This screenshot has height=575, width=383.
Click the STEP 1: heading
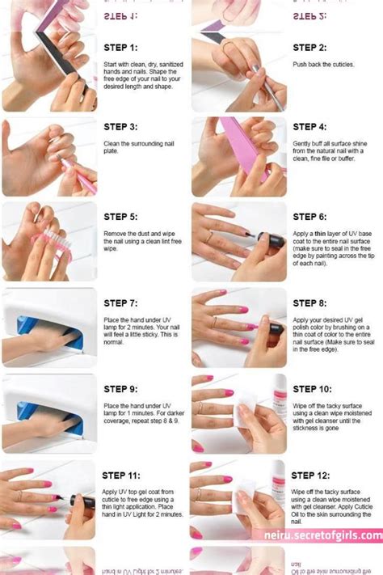pos(120,48)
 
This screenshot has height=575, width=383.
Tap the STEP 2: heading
pos(309,48)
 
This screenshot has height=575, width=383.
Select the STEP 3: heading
pos(120,127)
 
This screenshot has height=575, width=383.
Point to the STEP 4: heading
pos(309,127)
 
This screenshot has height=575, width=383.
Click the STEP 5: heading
pos(120,217)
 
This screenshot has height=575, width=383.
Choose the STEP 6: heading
pos(309,217)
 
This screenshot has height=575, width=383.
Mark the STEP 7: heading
pos(120,303)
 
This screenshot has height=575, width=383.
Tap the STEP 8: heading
pos(309,303)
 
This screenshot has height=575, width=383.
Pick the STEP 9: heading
pos(120,389)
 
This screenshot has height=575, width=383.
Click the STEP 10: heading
pos(312,389)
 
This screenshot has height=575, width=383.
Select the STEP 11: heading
pos(123,476)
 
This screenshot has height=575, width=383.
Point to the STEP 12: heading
pos(312,476)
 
